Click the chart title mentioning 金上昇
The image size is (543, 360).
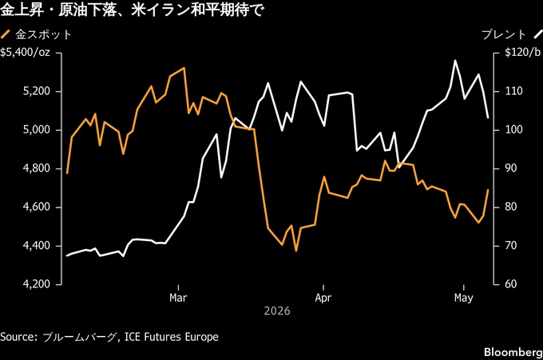(x=132, y=10)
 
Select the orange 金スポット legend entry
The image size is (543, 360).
(x=36, y=34)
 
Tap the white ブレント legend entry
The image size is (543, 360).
(x=512, y=34)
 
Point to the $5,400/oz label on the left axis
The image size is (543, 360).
(x=25, y=53)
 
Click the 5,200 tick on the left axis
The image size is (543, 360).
(x=37, y=91)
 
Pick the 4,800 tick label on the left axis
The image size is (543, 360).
(x=37, y=168)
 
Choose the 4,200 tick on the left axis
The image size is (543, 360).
(x=37, y=284)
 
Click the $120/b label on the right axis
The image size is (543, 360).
(x=522, y=53)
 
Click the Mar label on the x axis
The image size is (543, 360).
(x=178, y=298)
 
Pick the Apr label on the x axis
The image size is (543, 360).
(x=323, y=298)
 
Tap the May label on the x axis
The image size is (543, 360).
(x=464, y=298)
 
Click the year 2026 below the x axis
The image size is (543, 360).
(x=277, y=311)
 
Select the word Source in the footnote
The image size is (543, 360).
(x=18, y=337)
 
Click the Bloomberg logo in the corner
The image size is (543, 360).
(x=513, y=352)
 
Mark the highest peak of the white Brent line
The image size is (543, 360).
(x=455, y=61)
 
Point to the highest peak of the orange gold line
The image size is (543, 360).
(x=184, y=68)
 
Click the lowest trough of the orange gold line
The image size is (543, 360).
(x=296, y=251)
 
